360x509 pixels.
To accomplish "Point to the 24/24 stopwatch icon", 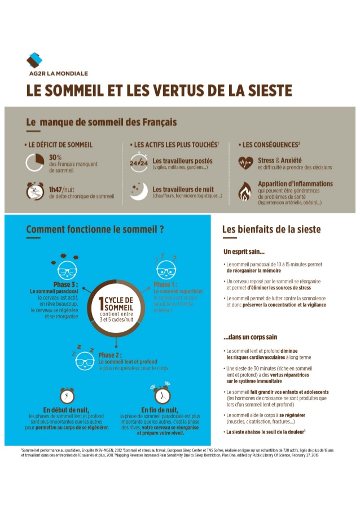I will click(138, 163).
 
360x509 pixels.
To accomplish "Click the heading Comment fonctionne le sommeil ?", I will click(95, 230).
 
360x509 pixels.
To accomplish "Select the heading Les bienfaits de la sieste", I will click(271, 230).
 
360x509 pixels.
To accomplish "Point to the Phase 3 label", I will click(65, 284).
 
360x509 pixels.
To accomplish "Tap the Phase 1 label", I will click(166, 284).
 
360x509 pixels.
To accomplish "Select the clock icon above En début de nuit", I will click(67, 394).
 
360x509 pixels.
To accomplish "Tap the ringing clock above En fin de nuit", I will click(161, 393).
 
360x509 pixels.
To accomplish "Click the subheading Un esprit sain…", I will click(244, 251).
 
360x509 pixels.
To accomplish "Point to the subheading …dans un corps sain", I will click(250, 337).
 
